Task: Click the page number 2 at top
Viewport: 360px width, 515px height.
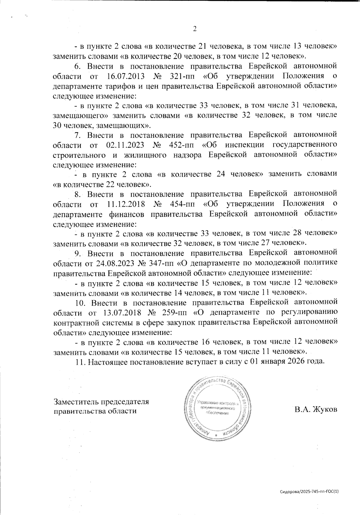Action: (194, 29)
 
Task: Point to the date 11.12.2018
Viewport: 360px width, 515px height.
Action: (126, 204)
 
